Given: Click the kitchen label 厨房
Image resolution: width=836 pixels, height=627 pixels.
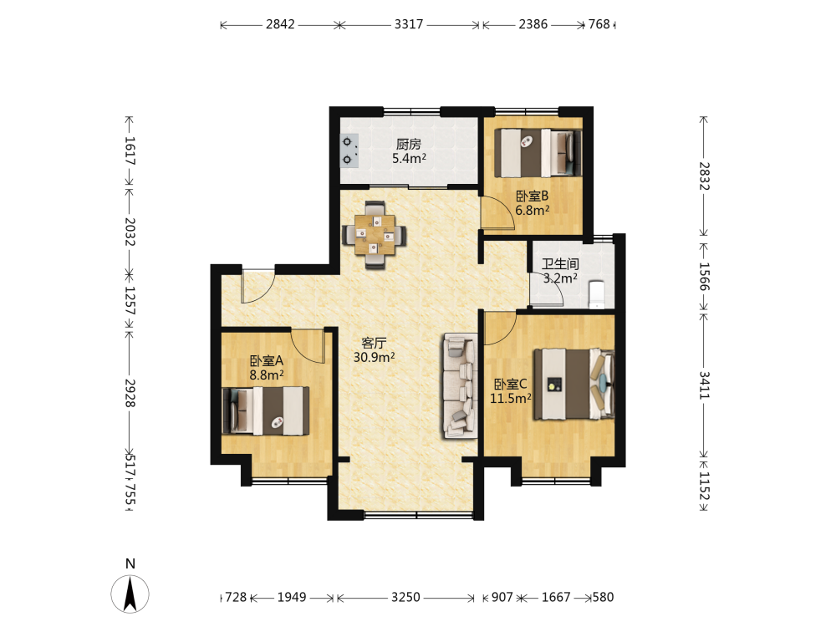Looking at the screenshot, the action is click(409, 144).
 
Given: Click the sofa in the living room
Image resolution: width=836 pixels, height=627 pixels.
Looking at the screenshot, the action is click(460, 386).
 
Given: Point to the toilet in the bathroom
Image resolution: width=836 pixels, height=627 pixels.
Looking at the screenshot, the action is click(597, 294).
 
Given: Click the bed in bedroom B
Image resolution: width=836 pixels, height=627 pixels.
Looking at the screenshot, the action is click(538, 153).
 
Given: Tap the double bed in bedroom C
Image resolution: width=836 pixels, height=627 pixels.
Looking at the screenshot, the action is click(574, 384).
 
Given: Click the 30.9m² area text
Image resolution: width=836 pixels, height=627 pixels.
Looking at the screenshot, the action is click(374, 357).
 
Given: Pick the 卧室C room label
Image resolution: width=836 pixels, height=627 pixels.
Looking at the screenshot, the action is click(510, 384).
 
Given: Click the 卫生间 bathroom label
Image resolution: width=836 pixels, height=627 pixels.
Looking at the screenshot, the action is click(560, 264).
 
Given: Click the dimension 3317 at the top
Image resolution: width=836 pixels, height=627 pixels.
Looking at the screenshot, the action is click(409, 24).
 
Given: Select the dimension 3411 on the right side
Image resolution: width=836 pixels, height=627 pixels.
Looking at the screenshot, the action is click(704, 385).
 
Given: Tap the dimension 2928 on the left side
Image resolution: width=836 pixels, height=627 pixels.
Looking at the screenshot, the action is click(130, 393).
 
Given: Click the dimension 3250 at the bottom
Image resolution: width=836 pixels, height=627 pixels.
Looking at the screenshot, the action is click(405, 597).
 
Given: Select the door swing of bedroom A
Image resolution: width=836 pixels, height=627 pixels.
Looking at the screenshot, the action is click(308, 346).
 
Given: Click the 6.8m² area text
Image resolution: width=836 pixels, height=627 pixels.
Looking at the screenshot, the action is click(532, 211).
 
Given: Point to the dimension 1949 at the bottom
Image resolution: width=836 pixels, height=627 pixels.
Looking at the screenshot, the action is click(292, 597).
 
